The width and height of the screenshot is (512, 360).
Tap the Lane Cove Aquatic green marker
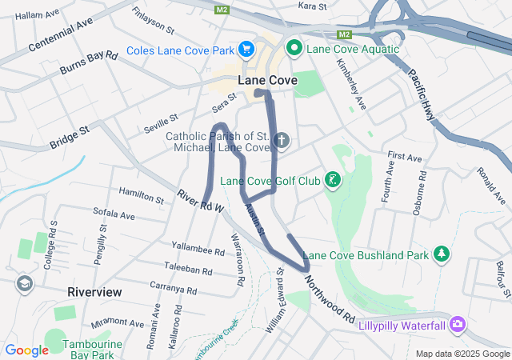coord(294,49)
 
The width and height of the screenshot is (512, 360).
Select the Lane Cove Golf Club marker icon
coord(333,180)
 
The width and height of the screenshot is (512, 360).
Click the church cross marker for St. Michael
coord(281,142)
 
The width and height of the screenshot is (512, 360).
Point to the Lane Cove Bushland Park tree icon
coord(441,254)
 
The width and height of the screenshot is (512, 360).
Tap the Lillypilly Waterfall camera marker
coord(457,324)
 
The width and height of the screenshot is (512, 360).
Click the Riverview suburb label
coord(94,292)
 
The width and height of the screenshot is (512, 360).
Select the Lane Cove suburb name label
coord(267,80)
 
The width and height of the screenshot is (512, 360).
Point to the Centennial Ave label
coord(60,33)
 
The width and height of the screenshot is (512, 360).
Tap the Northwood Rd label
coord(328,296)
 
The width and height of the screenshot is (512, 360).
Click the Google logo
coord(27,350)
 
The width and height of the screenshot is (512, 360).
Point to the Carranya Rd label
coord(173,287)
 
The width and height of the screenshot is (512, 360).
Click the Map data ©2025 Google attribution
coord(462,354)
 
